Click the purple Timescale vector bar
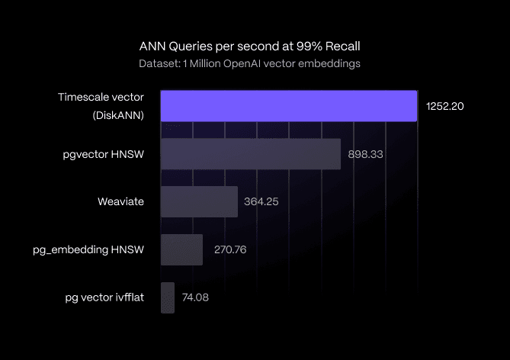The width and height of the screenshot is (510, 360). pos(288,106)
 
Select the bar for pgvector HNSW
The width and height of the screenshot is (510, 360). pos(250,154)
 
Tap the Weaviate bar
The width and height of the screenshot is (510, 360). pos(199,202)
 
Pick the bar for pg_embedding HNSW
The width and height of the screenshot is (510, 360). pos(181,249)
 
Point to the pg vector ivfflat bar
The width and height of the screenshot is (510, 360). pos(168,297)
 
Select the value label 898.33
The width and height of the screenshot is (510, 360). pos(365,154)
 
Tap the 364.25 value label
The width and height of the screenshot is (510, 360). pos(261,202)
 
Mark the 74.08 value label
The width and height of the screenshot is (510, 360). pos(195,297)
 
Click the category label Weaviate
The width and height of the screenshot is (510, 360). pos(120,202)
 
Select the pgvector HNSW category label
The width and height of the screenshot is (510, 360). pos(104,154)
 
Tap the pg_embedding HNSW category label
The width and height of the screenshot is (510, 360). pos(88,249)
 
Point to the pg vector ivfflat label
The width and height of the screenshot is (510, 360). pos(104,297)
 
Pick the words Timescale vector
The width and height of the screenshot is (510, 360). pos(101,97)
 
